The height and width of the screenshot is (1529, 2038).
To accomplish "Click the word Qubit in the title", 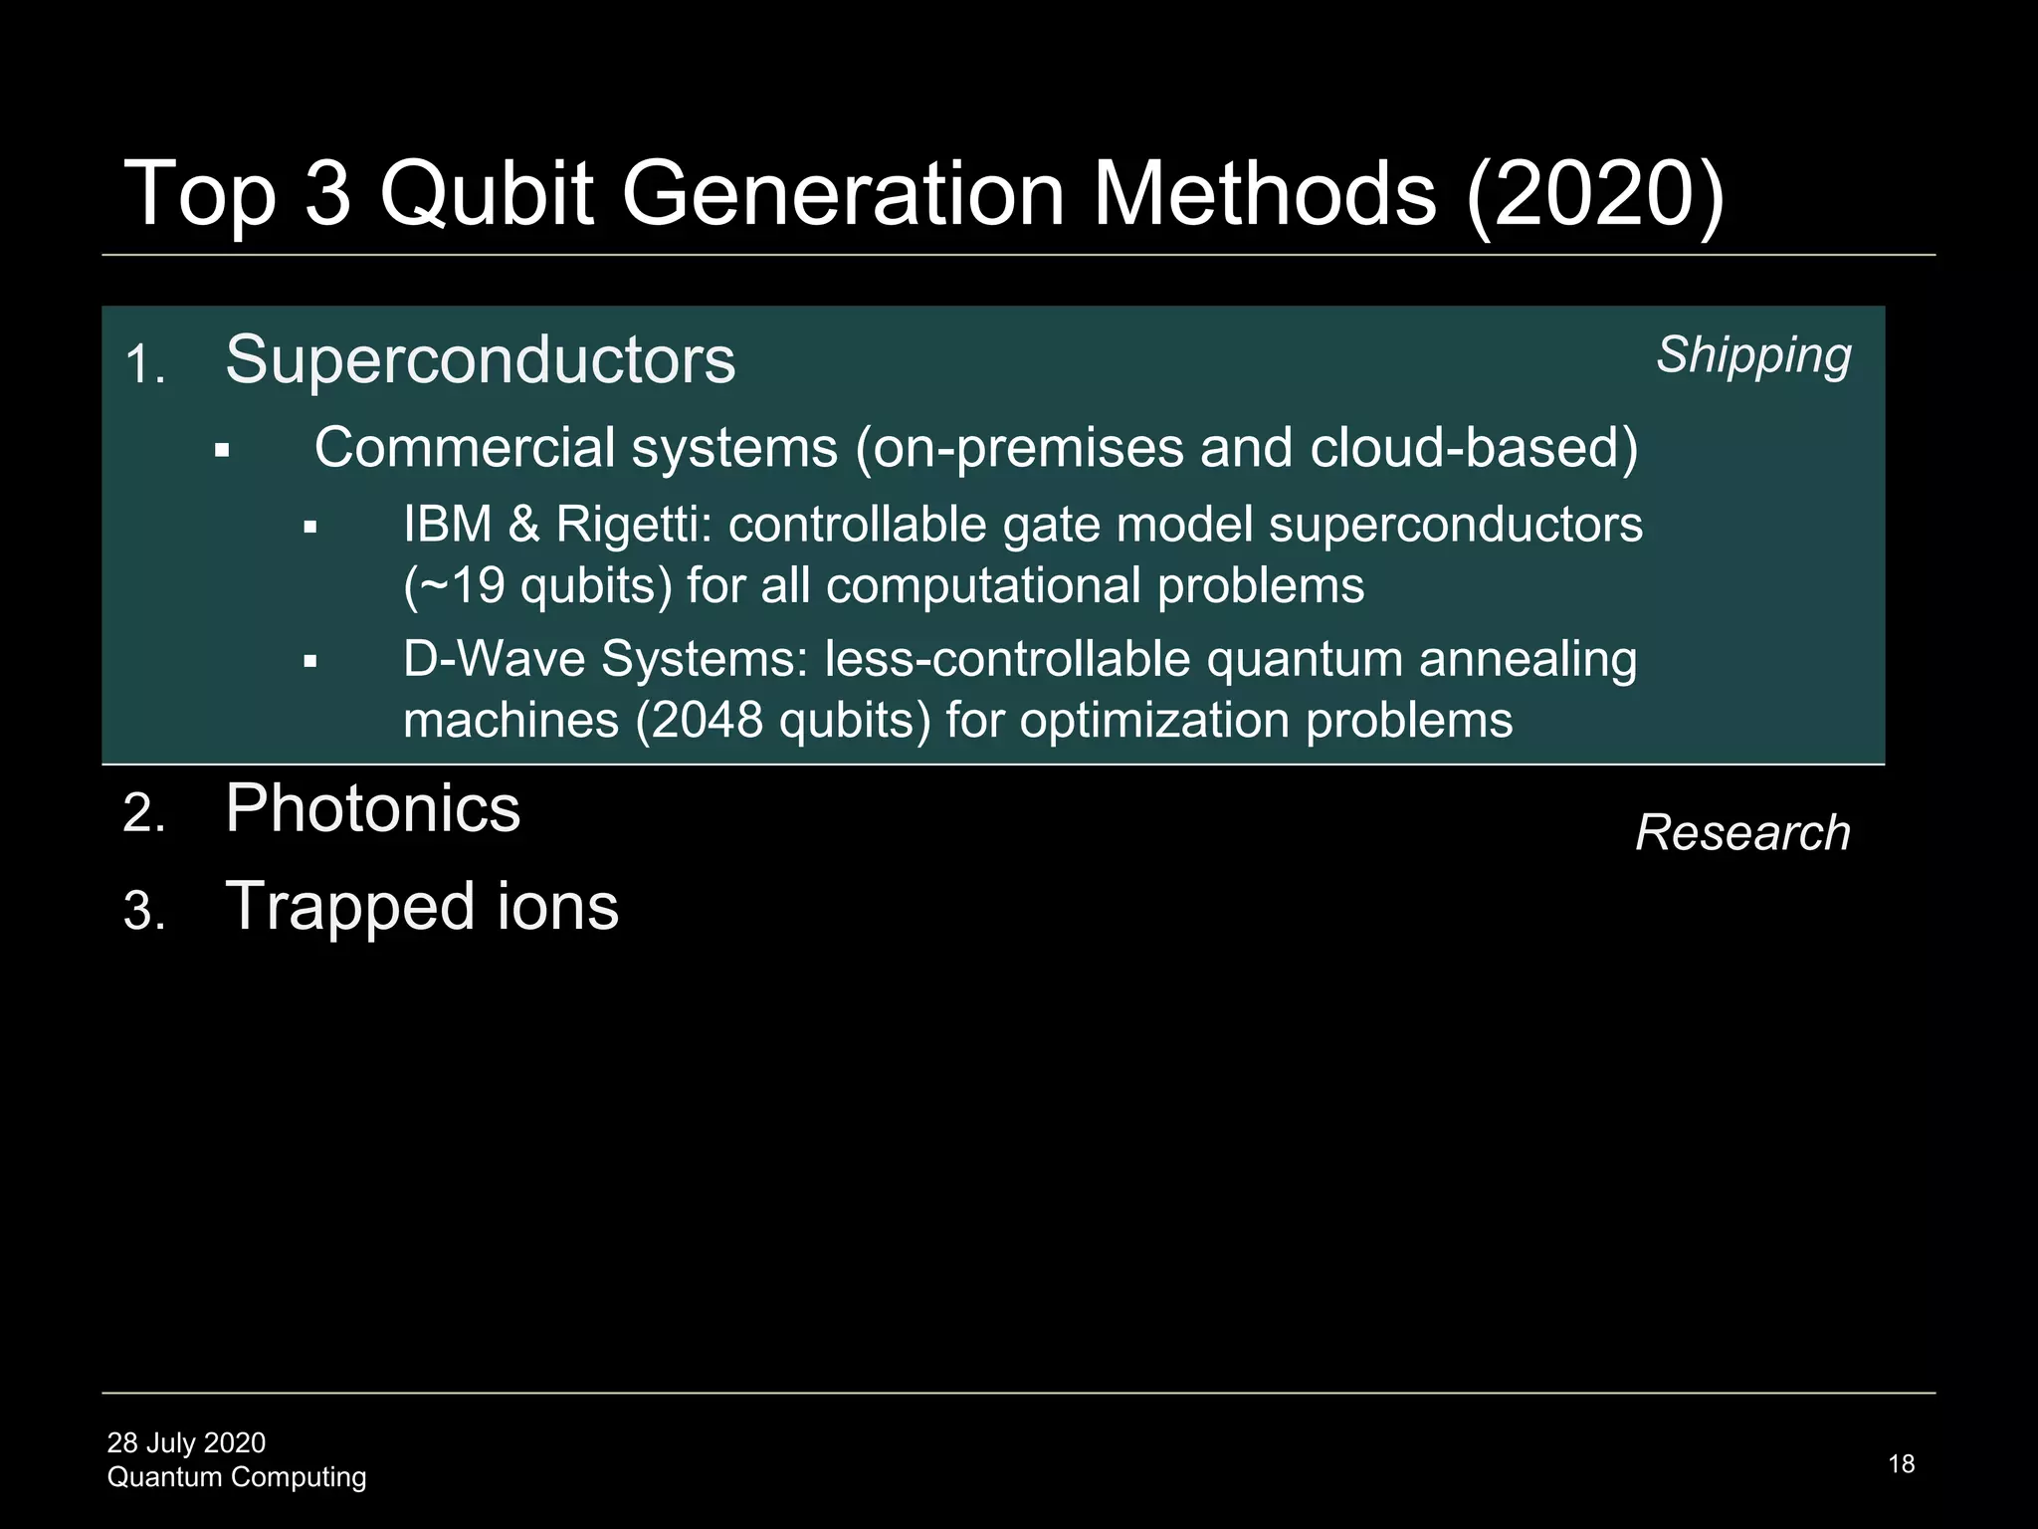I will tap(487, 193).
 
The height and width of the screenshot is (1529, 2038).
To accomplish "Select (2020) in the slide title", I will tap(1594, 193).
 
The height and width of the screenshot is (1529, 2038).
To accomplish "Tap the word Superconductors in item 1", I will tap(480, 359).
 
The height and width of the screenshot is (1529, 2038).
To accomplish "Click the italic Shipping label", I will tap(1752, 355).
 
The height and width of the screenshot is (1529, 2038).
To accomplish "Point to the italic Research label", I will tap(1742, 832).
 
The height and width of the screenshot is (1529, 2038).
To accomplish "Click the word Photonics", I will tap(372, 808).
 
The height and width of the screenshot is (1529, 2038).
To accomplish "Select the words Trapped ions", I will tap(422, 907).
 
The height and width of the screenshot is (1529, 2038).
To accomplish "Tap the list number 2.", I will tap(142, 813).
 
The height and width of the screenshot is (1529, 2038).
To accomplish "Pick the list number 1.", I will tap(142, 364).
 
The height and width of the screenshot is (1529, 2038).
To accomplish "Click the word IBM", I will tap(447, 525).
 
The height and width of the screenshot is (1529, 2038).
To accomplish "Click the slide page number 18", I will tap(1901, 1463).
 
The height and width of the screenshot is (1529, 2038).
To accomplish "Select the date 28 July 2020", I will tap(186, 1442).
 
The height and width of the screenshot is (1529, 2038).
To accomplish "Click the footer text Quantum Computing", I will tap(236, 1476).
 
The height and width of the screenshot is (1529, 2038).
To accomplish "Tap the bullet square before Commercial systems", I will tap(222, 451).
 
